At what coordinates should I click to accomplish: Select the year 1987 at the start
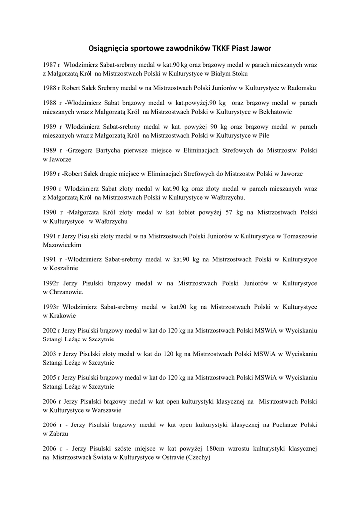click(x=49, y=65)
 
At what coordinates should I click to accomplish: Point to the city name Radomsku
click(x=302, y=88)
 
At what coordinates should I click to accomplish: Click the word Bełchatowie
click(x=274, y=112)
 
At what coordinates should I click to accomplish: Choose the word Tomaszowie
click(x=300, y=236)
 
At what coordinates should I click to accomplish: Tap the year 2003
click(x=49, y=354)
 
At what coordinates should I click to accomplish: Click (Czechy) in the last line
click(x=198, y=458)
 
